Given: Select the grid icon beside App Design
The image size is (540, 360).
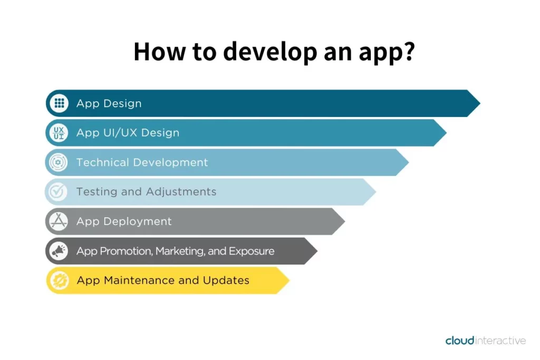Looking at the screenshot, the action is coord(59,103).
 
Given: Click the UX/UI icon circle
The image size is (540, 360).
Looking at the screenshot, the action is coord(59,133).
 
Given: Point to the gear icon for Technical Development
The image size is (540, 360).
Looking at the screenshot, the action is coord(58,162).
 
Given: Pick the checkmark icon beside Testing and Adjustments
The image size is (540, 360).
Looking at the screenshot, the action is coord(57,192).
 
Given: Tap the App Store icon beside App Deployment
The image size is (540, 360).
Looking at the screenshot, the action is coord(59,221).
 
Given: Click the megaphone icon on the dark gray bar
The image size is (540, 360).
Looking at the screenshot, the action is coord(59,251).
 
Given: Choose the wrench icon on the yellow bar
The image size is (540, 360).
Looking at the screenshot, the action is coord(60,280).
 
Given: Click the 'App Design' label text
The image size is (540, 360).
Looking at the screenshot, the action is coord(109,104).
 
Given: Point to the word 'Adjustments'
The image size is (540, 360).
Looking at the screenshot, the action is coord(181,192).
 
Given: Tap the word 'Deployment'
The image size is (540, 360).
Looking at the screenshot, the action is coord(138,222).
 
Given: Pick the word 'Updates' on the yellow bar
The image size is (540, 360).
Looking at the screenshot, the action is coord(226,281).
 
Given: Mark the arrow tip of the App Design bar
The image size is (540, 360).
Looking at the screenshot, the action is coord(480,103).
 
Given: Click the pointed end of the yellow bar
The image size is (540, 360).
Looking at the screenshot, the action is coord(290,280).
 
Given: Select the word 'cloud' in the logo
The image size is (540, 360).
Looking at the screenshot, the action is coord(460,340).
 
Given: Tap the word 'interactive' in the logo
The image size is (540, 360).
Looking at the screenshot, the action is coord(500,340).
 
